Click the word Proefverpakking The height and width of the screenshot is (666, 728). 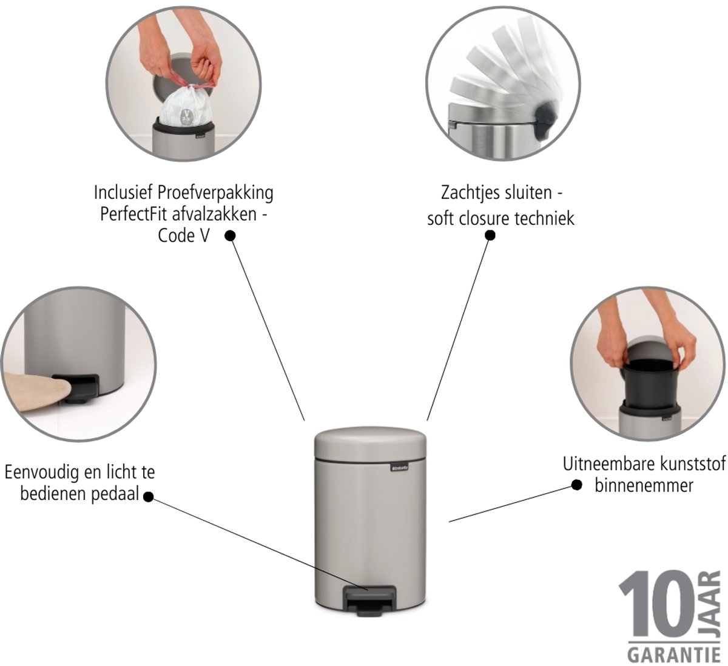[x=215, y=193]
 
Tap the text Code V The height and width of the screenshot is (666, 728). [x=184, y=236]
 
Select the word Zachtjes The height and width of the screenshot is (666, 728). [x=471, y=193]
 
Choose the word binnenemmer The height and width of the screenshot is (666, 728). [x=644, y=486]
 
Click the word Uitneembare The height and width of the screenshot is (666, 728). [x=611, y=464]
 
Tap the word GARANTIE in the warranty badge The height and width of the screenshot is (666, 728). [x=673, y=653]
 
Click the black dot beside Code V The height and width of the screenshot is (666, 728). [x=230, y=236]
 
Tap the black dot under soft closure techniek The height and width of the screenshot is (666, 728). [x=490, y=235]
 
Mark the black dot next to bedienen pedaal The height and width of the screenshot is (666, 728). [x=148, y=497]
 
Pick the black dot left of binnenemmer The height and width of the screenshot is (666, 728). [x=577, y=485]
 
